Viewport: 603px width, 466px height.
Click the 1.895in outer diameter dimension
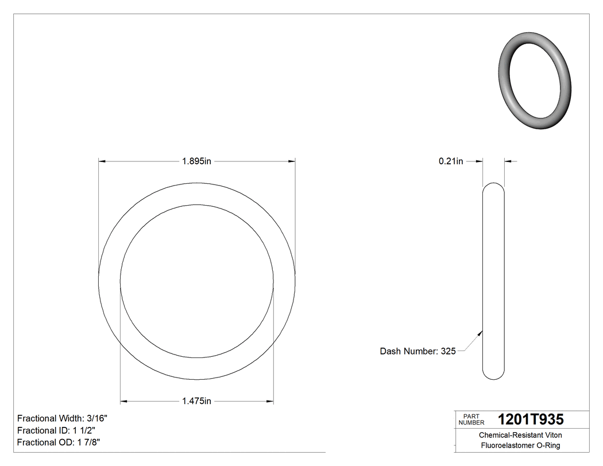tap(197, 161)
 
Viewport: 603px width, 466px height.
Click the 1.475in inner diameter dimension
tap(197, 401)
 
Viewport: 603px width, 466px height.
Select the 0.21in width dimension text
tap(451, 161)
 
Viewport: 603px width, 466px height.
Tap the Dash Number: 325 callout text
tap(418, 351)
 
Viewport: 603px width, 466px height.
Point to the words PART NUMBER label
tap(471, 419)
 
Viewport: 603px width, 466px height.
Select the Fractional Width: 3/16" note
tap(63, 418)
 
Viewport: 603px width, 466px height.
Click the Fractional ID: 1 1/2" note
tap(56, 430)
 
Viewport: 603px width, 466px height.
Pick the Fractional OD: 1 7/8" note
tap(59, 442)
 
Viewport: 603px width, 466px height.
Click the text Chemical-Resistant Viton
tap(520, 436)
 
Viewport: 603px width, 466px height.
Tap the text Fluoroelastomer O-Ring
tap(520, 445)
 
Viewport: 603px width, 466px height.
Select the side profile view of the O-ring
tap(493, 281)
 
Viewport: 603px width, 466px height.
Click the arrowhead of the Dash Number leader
tap(480, 331)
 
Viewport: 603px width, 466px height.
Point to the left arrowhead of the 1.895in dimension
tap(102, 161)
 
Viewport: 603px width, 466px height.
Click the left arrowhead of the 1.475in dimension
tap(123, 401)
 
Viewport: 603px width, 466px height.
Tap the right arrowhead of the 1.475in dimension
tap(270, 401)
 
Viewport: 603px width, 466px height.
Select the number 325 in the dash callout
tap(448, 351)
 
